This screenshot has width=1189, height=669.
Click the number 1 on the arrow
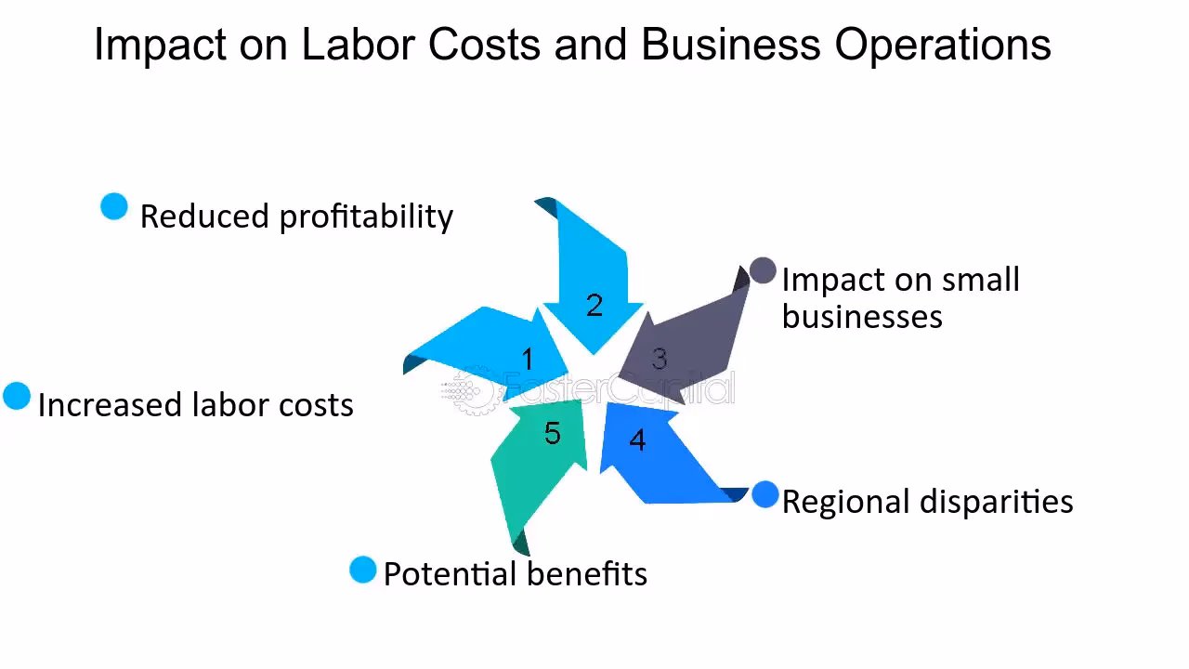tap(528, 359)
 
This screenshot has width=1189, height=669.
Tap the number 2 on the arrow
tap(594, 305)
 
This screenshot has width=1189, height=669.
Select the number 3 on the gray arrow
tap(659, 359)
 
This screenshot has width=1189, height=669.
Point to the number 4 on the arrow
tap(637, 439)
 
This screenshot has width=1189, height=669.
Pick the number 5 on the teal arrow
tap(553, 433)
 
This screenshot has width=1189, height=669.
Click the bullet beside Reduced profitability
tap(114, 207)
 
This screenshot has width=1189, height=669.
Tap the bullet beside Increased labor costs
tap(17, 396)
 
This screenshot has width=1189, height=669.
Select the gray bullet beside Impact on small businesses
tap(763, 270)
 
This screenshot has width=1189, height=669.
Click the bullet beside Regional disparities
tap(765, 495)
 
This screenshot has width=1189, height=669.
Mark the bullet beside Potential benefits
tap(363, 570)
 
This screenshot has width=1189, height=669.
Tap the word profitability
tap(366, 216)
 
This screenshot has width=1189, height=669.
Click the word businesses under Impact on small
tap(862, 316)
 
